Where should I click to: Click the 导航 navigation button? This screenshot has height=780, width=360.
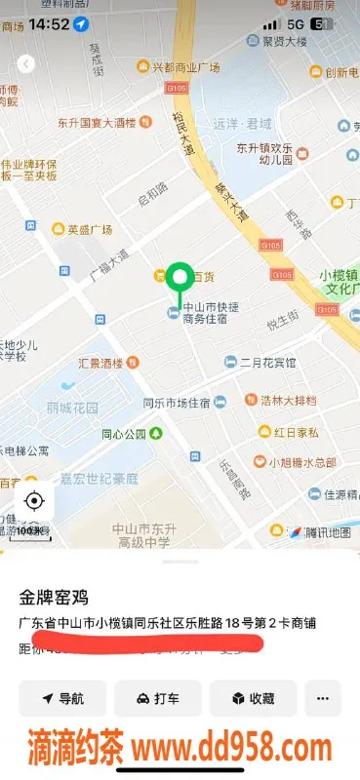[x=61, y=698]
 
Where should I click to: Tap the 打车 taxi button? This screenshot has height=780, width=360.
[x=157, y=698]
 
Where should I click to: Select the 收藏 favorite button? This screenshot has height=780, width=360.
[x=252, y=698]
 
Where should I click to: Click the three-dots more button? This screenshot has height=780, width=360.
[x=323, y=698]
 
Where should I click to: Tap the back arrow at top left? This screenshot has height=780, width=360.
[x=26, y=64]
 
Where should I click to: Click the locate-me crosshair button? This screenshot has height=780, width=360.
[x=34, y=502]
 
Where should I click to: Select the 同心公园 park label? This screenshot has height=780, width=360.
[x=130, y=433]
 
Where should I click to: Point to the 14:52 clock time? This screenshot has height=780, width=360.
[x=48, y=23]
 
